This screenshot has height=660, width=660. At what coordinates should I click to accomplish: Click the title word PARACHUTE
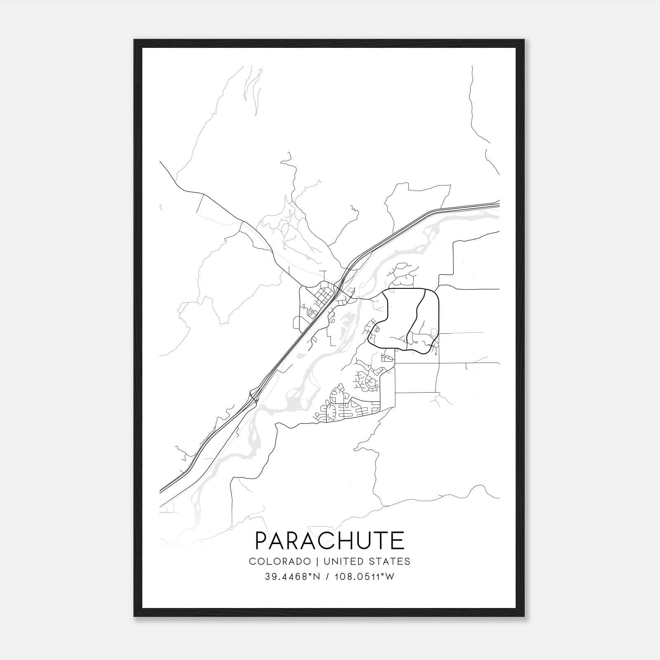tap(330, 541)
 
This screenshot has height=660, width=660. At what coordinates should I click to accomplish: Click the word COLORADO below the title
tap(280, 561)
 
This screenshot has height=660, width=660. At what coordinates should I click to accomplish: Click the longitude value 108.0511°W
tap(365, 577)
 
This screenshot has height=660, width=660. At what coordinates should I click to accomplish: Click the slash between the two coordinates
tap(328, 577)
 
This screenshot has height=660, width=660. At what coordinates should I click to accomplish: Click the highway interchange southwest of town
tap(253, 397)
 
